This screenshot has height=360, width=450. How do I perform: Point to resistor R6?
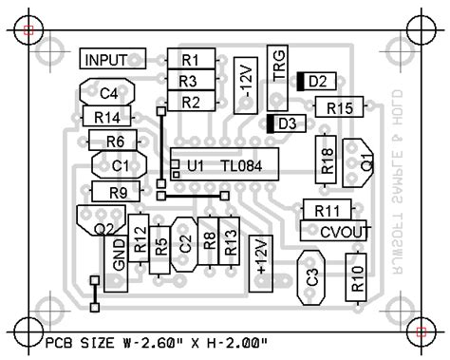(x=115, y=142)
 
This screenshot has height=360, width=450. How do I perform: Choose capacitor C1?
(x=120, y=165)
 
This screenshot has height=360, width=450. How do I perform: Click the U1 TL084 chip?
(x=226, y=165)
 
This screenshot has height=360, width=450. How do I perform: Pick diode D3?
(x=285, y=123)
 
